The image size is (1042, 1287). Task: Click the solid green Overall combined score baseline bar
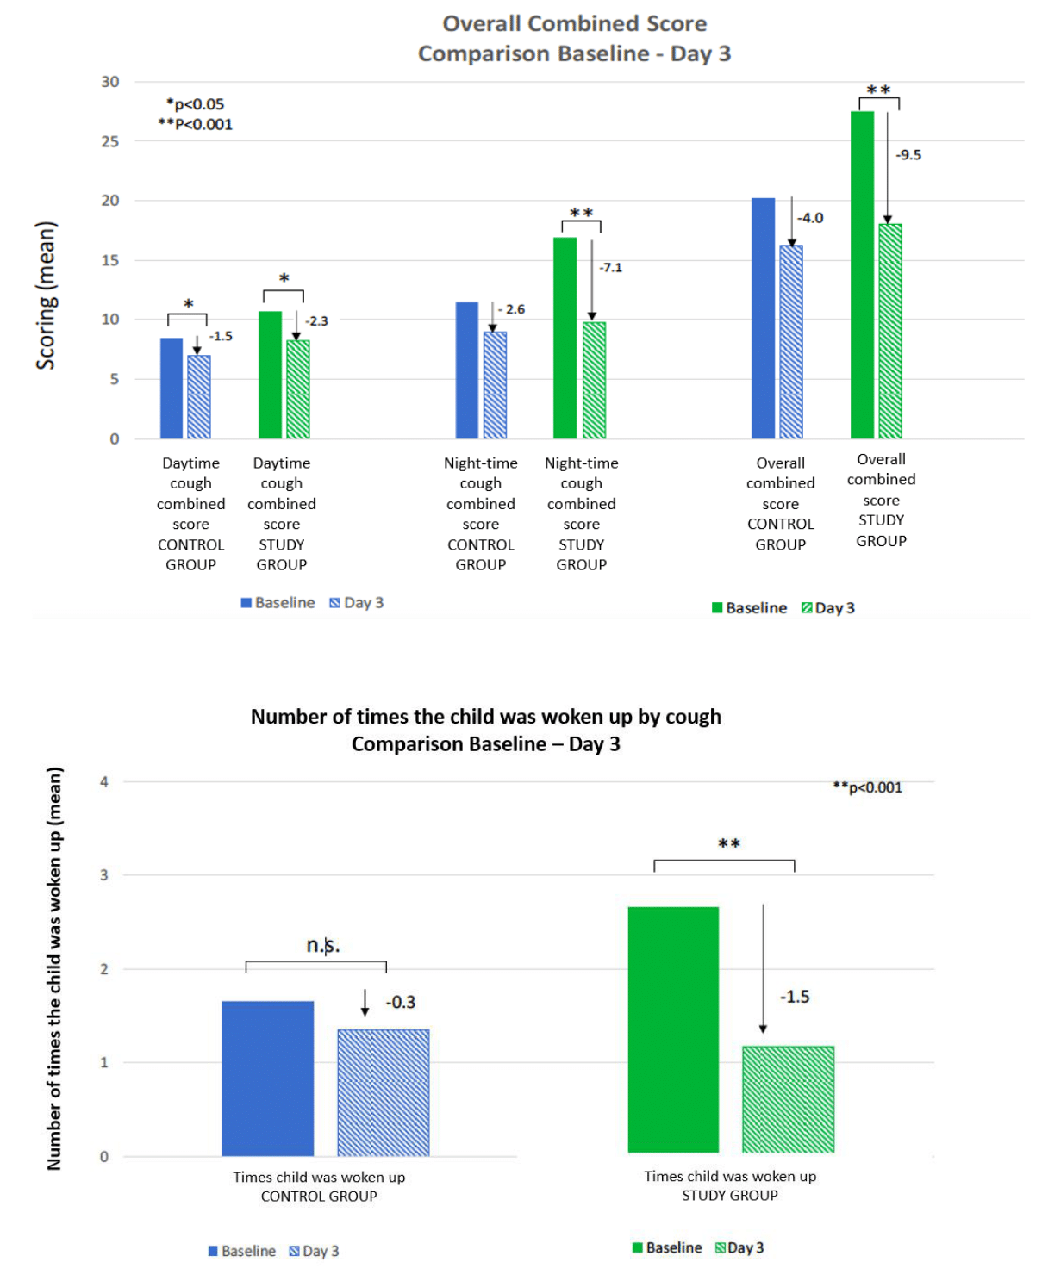click(862, 276)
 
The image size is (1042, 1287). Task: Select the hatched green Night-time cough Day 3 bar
click(594, 381)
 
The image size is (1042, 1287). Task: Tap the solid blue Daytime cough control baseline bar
click(172, 389)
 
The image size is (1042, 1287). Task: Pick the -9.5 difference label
click(908, 155)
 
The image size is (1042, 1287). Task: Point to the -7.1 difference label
click(610, 268)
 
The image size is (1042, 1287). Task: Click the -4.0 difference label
click(810, 218)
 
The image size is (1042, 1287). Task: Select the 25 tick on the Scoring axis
click(110, 141)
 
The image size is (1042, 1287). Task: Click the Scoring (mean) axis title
click(45, 295)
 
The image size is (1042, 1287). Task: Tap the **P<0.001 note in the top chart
click(195, 125)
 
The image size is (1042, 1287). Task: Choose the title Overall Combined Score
click(574, 24)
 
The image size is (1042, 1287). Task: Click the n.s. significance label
click(323, 945)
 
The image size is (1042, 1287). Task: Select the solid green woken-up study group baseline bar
click(673, 1029)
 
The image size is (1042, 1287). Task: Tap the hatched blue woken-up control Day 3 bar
click(384, 1092)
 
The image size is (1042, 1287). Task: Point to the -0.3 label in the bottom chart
click(401, 1003)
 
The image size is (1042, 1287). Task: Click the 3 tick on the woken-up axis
click(104, 875)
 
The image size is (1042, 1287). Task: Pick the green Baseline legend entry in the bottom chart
click(667, 1248)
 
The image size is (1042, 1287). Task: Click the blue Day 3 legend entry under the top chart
click(357, 603)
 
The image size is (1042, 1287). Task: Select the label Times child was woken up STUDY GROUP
click(730, 1186)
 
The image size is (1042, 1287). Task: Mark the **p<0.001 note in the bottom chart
click(867, 787)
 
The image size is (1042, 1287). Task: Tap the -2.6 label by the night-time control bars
click(512, 309)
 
